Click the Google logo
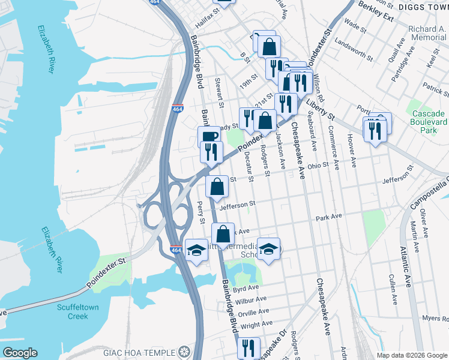pyautogui.click(x=20, y=353)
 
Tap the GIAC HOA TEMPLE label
pyautogui.click(x=142, y=352)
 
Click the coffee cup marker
pyautogui.click(x=209, y=136)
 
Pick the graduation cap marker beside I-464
pyautogui.click(x=196, y=250)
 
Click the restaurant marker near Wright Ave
pyautogui.click(x=248, y=347)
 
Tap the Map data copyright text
pyautogui.click(x=411, y=355)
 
